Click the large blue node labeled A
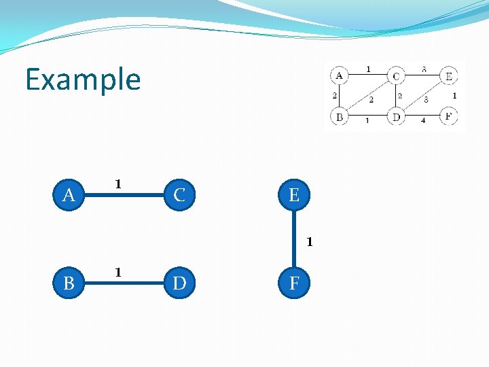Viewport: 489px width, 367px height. pyautogui.click(x=69, y=196)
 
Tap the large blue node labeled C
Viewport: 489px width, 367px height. pyautogui.click(x=179, y=196)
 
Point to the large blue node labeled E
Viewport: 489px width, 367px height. pyautogui.click(x=294, y=196)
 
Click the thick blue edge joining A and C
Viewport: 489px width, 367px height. pyautogui.click(x=124, y=196)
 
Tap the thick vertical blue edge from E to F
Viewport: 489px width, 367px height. pyautogui.click(x=294, y=239)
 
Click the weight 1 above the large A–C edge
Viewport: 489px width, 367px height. pyautogui.click(x=118, y=184)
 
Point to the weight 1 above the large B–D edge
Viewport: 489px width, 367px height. pyautogui.click(x=118, y=273)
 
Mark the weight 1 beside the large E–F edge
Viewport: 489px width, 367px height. pyautogui.click(x=309, y=241)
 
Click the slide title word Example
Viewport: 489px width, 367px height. pyautogui.click(x=83, y=80)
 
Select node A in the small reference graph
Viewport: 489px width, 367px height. pyautogui.click(x=339, y=75)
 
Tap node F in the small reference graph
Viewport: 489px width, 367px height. pyautogui.click(x=448, y=116)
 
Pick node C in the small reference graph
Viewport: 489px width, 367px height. pyautogui.click(x=395, y=75)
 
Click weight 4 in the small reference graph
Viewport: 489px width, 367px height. pyautogui.click(x=422, y=121)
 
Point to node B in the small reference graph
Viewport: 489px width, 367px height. pyautogui.click(x=339, y=117)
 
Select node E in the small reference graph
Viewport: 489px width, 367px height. pyautogui.click(x=448, y=75)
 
